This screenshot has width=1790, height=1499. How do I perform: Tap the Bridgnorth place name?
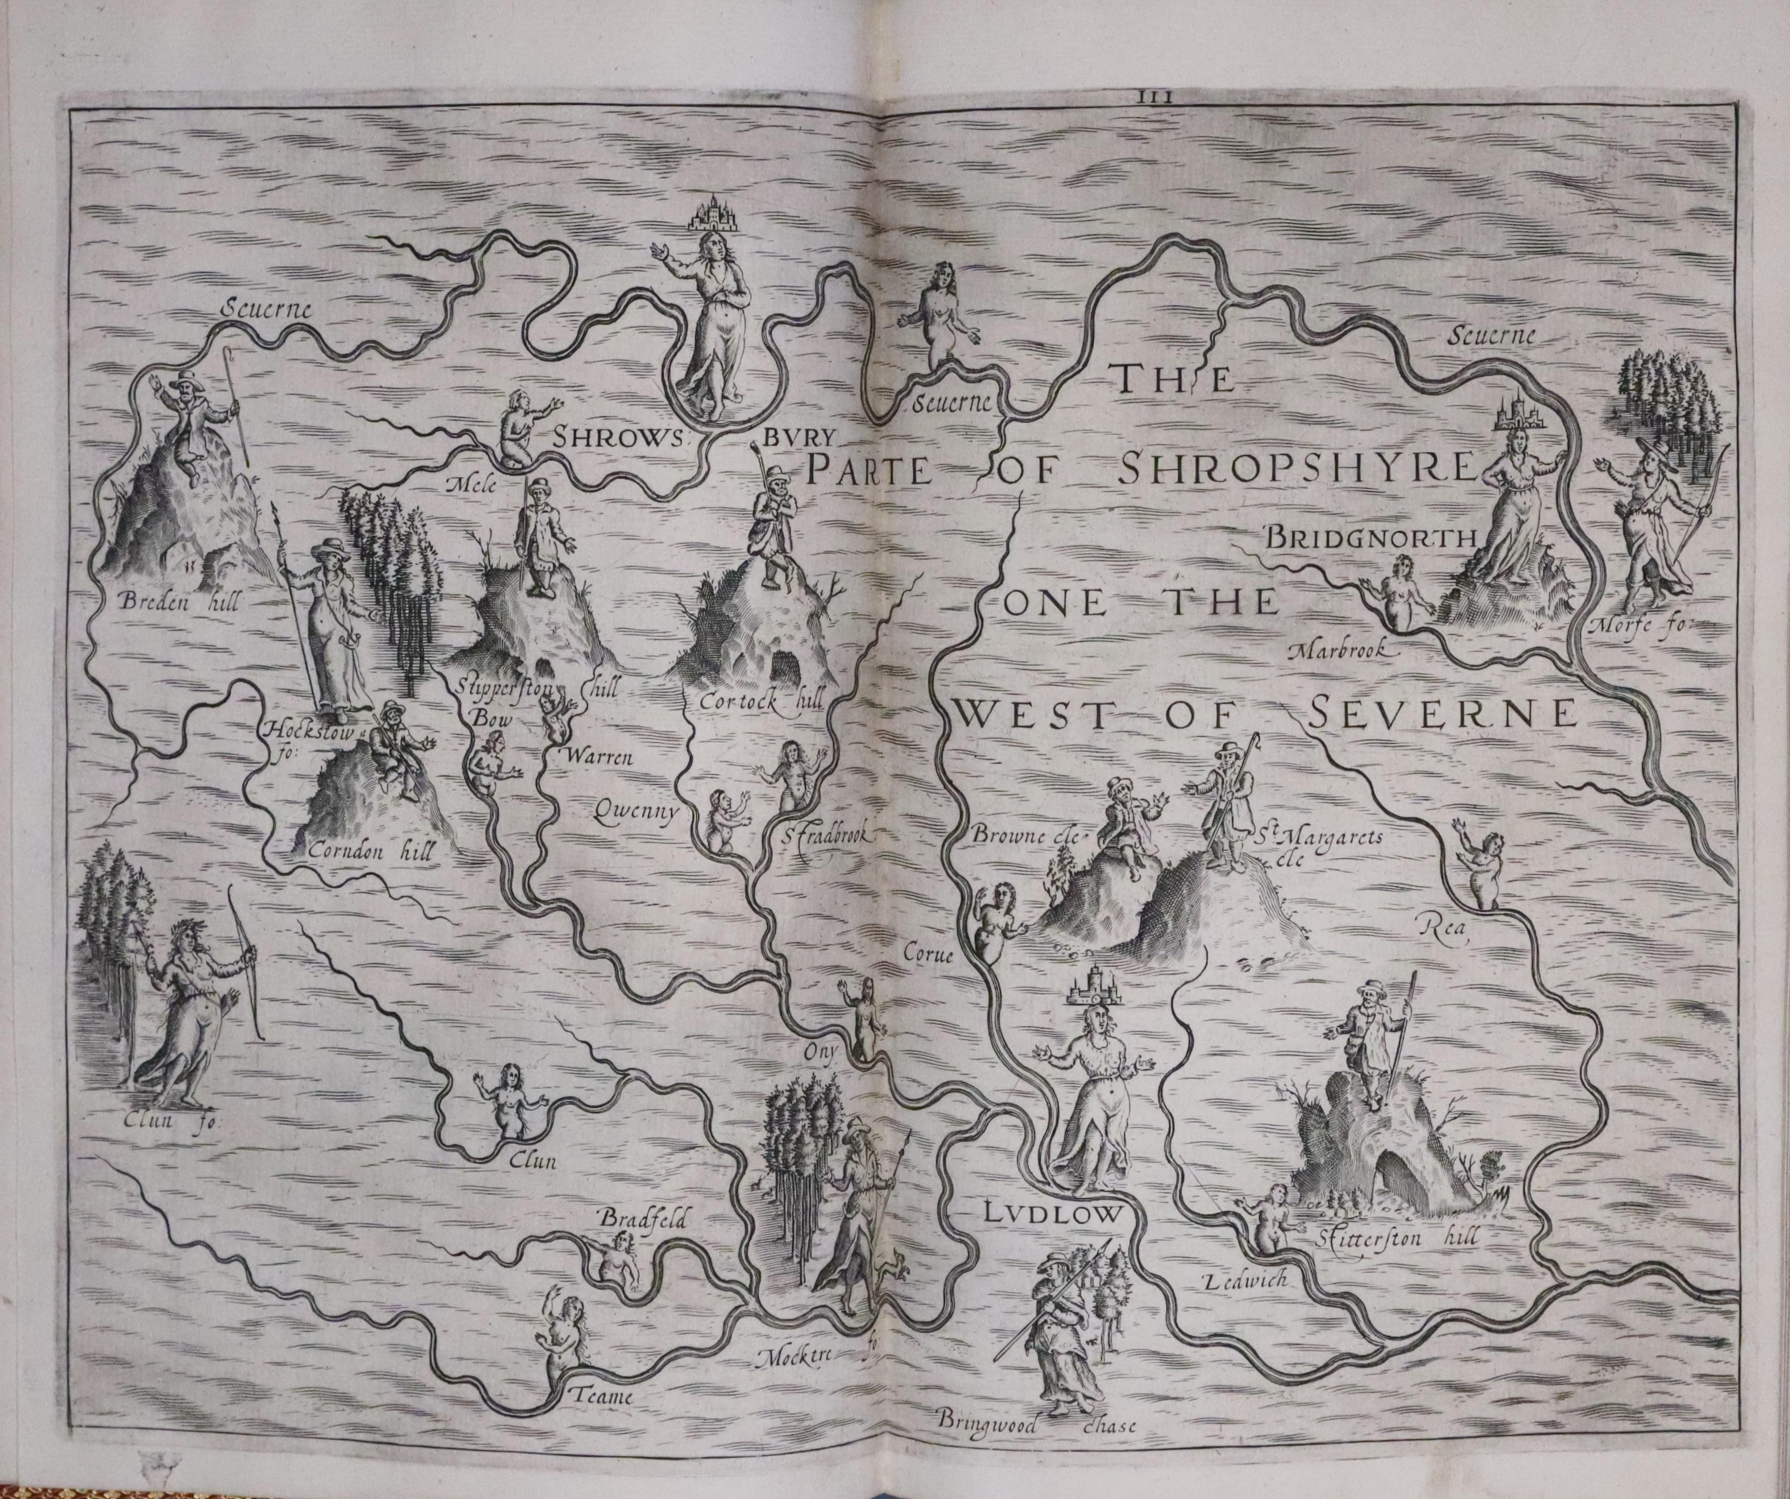1370,538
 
